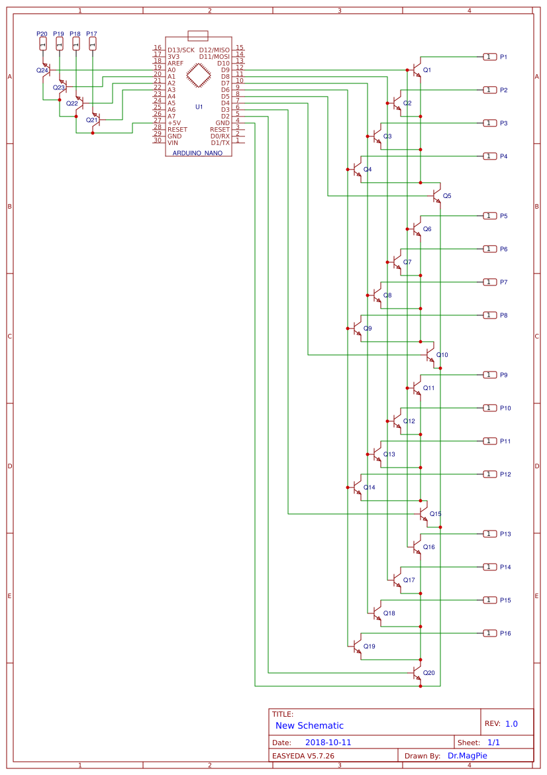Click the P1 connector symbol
pyautogui.click(x=489, y=57)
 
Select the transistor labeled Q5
pyautogui.click(x=436, y=196)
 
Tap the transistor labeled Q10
pyautogui.click(x=430, y=355)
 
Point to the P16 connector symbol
pyautogui.click(x=489, y=633)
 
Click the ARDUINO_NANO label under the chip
pyautogui.click(x=197, y=153)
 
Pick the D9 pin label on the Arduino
pyautogui.click(x=225, y=70)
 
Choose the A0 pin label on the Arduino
pyautogui.click(x=172, y=70)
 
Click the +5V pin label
pyautogui.click(x=174, y=123)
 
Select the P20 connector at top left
pyautogui.click(x=43, y=43)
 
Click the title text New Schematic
pyautogui.click(x=309, y=726)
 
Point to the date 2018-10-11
pyautogui.click(x=328, y=743)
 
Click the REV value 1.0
pyautogui.click(x=511, y=724)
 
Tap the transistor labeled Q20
pyautogui.click(x=417, y=673)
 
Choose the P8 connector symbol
pyautogui.click(x=489, y=315)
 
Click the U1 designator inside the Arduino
pyautogui.click(x=199, y=107)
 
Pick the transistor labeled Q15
pyautogui.click(x=423, y=513)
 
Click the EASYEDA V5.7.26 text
pyautogui.click(x=303, y=756)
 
